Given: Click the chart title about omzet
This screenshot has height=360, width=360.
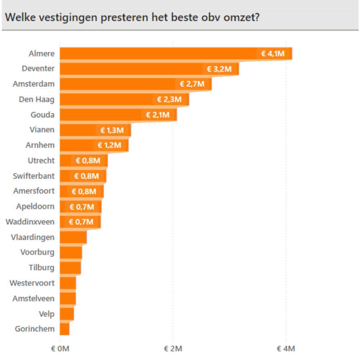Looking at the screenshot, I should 132,17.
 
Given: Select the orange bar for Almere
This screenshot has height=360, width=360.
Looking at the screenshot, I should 158,54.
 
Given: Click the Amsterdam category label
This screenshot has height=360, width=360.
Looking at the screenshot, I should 34,84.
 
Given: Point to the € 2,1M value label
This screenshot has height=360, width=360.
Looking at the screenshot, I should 158,115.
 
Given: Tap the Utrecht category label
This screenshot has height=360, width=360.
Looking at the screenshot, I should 41,161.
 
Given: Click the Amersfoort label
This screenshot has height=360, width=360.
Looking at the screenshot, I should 34,191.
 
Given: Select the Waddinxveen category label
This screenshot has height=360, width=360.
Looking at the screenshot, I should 30,222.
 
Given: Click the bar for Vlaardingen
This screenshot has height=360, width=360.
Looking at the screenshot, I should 73,237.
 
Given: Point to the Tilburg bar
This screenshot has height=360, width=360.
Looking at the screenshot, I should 70,268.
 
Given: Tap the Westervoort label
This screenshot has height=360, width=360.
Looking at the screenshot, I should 32,283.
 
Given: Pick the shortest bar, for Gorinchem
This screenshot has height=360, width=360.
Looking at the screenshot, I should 64,329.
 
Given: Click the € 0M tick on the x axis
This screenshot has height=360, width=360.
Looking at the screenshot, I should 60,349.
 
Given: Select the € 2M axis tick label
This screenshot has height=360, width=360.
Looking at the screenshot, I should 173,349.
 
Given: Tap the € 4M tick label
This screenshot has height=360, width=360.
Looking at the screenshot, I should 286,349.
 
